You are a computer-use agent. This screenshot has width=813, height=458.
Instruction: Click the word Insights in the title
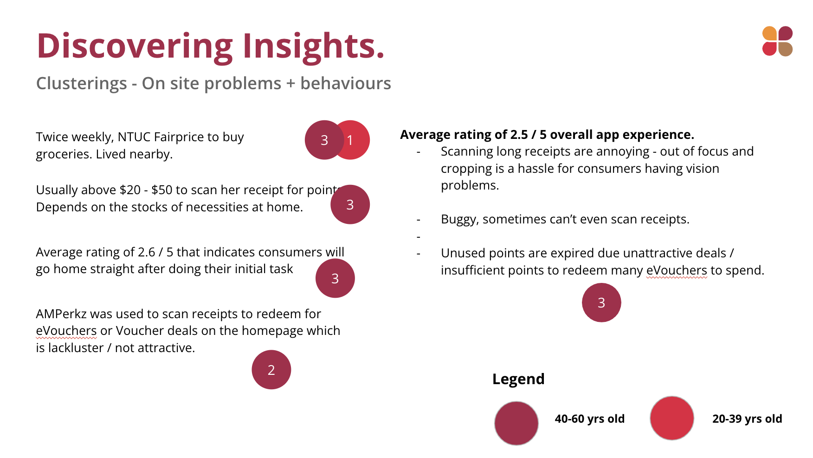pyautogui.click(x=314, y=46)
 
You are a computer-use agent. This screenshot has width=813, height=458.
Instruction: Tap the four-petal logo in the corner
pyautogui.click(x=777, y=41)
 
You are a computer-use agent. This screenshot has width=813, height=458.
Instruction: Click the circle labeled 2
pyautogui.click(x=271, y=370)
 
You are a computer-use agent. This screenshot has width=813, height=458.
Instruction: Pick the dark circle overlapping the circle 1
pyautogui.click(x=324, y=140)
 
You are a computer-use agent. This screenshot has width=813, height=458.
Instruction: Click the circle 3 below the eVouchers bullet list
pyautogui.click(x=601, y=302)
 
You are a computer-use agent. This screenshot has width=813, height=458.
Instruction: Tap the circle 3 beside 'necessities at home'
pyautogui.click(x=350, y=204)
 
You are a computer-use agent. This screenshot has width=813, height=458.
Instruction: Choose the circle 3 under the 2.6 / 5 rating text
pyautogui.click(x=335, y=278)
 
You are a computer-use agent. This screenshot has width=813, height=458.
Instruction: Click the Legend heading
pyautogui.click(x=518, y=379)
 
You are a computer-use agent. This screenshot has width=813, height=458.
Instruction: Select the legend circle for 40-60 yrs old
pyautogui.click(x=516, y=423)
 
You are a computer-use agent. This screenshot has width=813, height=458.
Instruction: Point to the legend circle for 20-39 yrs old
pyautogui.click(x=672, y=418)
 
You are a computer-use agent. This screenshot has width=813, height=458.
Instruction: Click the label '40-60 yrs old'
pyautogui.click(x=590, y=419)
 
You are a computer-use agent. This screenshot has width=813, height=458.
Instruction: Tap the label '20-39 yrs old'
pyautogui.click(x=747, y=419)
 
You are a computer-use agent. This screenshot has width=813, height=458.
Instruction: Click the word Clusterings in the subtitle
pyautogui.click(x=82, y=84)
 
